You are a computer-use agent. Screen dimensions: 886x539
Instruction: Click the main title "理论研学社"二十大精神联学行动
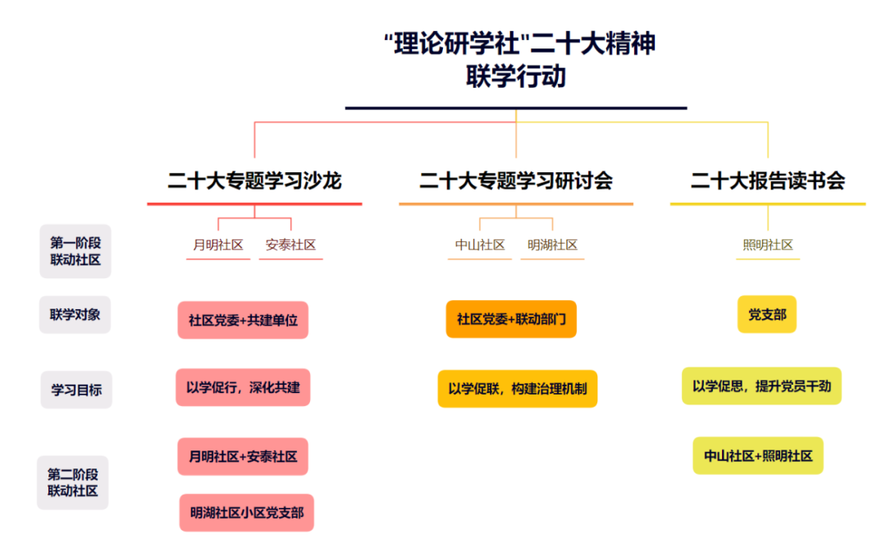518,60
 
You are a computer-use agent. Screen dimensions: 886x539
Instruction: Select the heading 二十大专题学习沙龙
254,180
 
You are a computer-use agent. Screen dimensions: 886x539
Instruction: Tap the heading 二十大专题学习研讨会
516,180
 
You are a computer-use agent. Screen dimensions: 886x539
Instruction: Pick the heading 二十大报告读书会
767,180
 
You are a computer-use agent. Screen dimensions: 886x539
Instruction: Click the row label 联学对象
75,315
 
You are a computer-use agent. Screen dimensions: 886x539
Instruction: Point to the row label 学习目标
76,390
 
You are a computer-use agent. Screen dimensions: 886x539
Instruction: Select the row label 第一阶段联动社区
75,251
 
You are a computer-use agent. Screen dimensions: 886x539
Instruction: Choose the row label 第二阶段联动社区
73,482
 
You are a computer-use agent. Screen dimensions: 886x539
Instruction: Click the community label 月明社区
218,245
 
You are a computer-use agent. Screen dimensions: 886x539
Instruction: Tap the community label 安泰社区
290,245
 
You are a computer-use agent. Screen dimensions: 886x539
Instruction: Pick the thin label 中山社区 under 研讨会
480,245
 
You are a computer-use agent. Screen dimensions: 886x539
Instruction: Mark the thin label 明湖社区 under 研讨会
552,245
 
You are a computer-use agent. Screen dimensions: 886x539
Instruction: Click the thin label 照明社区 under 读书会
767,245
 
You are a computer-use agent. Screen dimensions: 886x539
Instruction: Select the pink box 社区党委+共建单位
243,320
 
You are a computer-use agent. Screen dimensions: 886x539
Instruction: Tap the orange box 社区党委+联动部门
511,319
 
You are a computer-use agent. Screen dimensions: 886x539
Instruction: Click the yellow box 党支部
767,314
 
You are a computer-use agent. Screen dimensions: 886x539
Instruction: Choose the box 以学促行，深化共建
243,387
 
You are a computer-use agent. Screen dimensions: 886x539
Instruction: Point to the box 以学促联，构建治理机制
518,389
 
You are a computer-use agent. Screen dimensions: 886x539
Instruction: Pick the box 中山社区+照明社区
758,455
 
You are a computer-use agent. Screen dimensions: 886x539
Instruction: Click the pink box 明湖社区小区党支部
246,513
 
